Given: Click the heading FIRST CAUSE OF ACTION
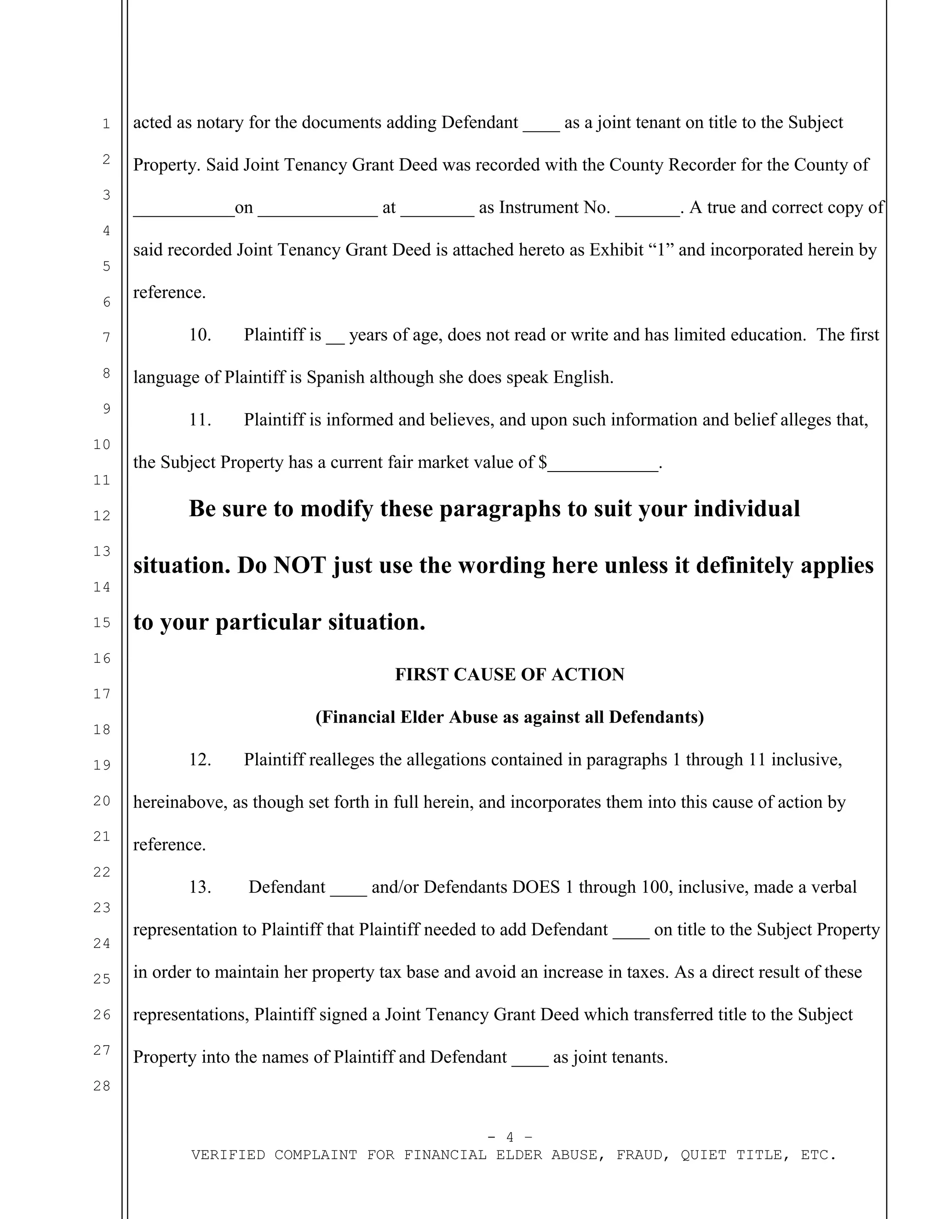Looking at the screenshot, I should [x=509, y=674].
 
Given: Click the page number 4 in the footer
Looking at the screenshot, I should [x=510, y=1137].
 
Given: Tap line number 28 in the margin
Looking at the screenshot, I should [x=102, y=1086].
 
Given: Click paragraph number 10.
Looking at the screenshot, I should [x=200, y=335].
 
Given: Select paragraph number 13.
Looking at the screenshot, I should [x=200, y=887].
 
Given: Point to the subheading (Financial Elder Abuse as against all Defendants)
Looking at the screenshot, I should [x=509, y=717].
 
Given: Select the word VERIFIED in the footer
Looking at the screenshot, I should [x=228, y=1155].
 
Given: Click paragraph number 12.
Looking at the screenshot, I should [x=200, y=759].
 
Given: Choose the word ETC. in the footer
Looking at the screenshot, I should [x=818, y=1155].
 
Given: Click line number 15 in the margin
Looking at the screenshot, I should [x=102, y=622].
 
